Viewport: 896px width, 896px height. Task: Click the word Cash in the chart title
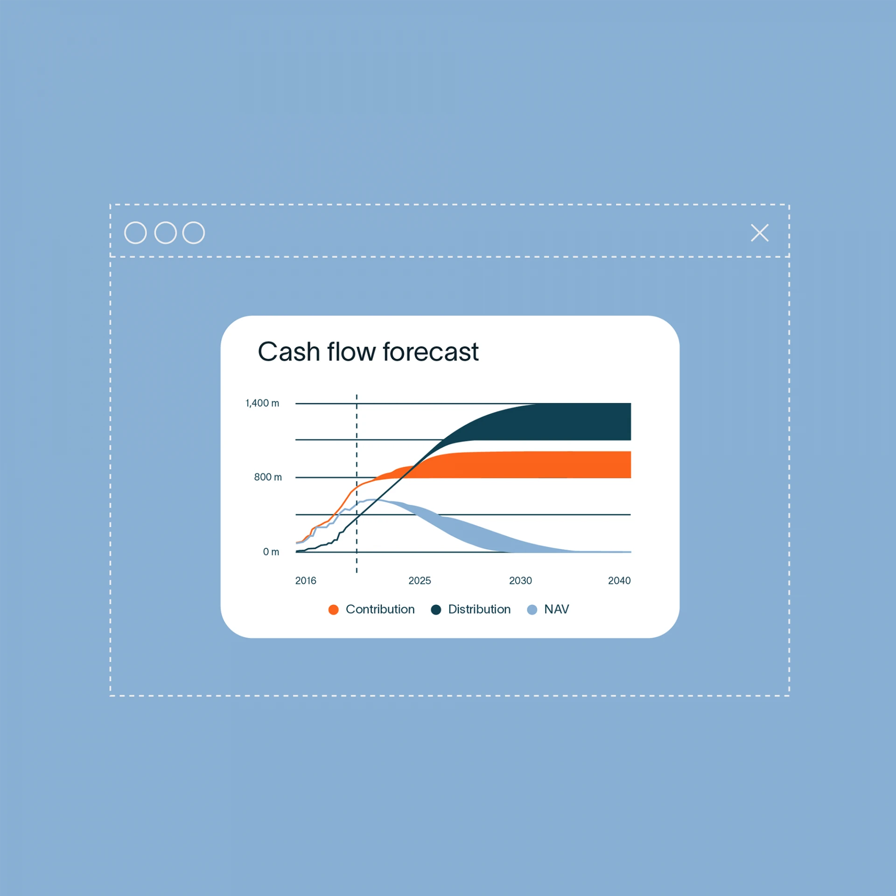click(289, 352)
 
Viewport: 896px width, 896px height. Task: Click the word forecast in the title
click(431, 352)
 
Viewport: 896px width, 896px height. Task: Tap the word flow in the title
click(351, 351)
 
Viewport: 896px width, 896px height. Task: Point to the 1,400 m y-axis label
click(262, 403)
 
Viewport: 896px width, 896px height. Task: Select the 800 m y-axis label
click(268, 477)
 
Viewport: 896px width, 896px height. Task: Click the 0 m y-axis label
click(271, 552)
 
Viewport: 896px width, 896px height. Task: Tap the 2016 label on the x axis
click(306, 581)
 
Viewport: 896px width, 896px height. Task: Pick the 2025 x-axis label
click(420, 581)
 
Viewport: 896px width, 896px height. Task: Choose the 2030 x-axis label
click(520, 581)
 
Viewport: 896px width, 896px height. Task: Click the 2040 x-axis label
click(619, 581)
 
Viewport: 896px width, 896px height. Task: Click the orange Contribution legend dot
click(333, 610)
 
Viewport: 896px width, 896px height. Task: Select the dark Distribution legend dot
click(436, 610)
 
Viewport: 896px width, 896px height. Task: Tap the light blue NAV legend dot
click(532, 610)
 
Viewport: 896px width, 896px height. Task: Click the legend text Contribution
click(380, 609)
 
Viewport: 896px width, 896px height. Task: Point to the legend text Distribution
click(479, 609)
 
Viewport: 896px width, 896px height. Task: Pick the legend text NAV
click(557, 609)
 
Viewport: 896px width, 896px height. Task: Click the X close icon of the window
click(760, 233)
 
